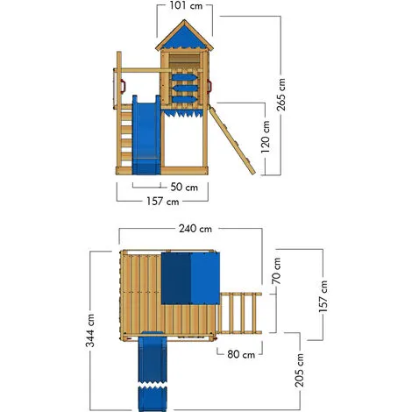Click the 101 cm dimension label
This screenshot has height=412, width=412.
tap(186, 5)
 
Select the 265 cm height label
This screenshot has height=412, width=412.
tap(281, 95)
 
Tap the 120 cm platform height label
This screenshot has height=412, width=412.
tap(266, 137)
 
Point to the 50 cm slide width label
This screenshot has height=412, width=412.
tap(184, 187)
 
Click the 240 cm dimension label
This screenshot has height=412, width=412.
tap(195, 229)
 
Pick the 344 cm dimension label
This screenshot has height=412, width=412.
tap(90, 330)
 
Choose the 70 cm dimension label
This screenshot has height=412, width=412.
tap(276, 271)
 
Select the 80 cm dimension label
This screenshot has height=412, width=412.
tap(241, 354)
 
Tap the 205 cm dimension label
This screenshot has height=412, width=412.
tap(300, 371)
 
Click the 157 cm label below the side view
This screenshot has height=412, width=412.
tap(163, 202)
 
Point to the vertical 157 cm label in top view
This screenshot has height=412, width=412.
tap(323, 296)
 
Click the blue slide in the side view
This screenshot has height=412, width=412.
tap(146, 135)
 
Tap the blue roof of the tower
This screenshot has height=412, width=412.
tap(184, 38)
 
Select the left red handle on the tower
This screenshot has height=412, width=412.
tap(124, 86)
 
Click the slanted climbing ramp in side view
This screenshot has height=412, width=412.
tap(232, 140)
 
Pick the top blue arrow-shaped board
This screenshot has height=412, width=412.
tap(185, 77)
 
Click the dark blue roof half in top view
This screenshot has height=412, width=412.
tap(176, 279)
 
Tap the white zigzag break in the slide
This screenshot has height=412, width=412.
tap(152, 386)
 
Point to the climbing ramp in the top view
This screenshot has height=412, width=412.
tap(239, 313)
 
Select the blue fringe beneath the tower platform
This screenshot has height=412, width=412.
tap(183, 112)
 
